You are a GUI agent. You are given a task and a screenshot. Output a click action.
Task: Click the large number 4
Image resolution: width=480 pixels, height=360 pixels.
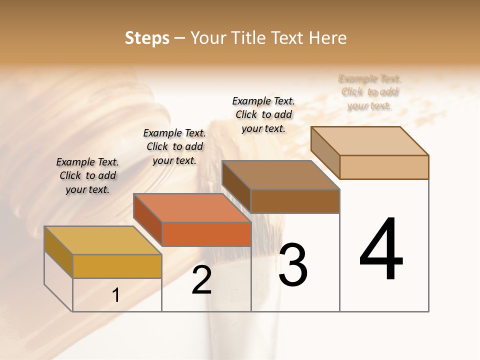381,249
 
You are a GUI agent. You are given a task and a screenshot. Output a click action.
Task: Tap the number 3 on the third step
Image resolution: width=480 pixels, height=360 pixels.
293,265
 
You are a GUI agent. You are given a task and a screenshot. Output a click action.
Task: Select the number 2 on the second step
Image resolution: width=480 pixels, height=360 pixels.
201,280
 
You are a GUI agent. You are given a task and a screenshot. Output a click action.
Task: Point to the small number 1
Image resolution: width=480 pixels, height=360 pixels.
116,295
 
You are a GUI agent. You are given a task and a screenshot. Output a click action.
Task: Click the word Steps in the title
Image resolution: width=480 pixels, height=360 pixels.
147,38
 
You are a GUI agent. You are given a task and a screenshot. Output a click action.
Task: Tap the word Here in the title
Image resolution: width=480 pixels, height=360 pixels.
328,38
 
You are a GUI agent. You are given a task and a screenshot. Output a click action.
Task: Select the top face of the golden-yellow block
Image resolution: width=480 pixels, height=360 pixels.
103,240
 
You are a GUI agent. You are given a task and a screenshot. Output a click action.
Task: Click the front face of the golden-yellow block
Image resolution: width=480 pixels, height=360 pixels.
117,266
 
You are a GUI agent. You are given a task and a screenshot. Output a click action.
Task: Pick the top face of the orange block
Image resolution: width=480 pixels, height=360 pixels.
192,207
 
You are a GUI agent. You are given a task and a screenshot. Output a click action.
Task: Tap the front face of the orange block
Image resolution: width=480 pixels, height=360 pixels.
206,234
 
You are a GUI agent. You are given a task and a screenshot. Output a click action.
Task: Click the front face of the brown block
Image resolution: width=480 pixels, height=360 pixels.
295,201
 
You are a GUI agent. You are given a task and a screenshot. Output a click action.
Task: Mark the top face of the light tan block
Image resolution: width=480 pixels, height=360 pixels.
370,140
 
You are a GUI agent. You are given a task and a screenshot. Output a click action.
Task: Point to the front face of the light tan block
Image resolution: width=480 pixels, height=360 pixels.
384,167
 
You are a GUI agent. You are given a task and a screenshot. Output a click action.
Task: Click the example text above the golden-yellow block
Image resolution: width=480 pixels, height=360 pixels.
87,176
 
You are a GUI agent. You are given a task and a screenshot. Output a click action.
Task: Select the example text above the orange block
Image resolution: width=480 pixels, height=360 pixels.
174,146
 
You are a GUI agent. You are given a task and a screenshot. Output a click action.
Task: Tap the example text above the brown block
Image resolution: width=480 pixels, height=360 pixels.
263,114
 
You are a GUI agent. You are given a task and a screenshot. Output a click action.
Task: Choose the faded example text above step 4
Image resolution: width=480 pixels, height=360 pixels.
370,92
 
